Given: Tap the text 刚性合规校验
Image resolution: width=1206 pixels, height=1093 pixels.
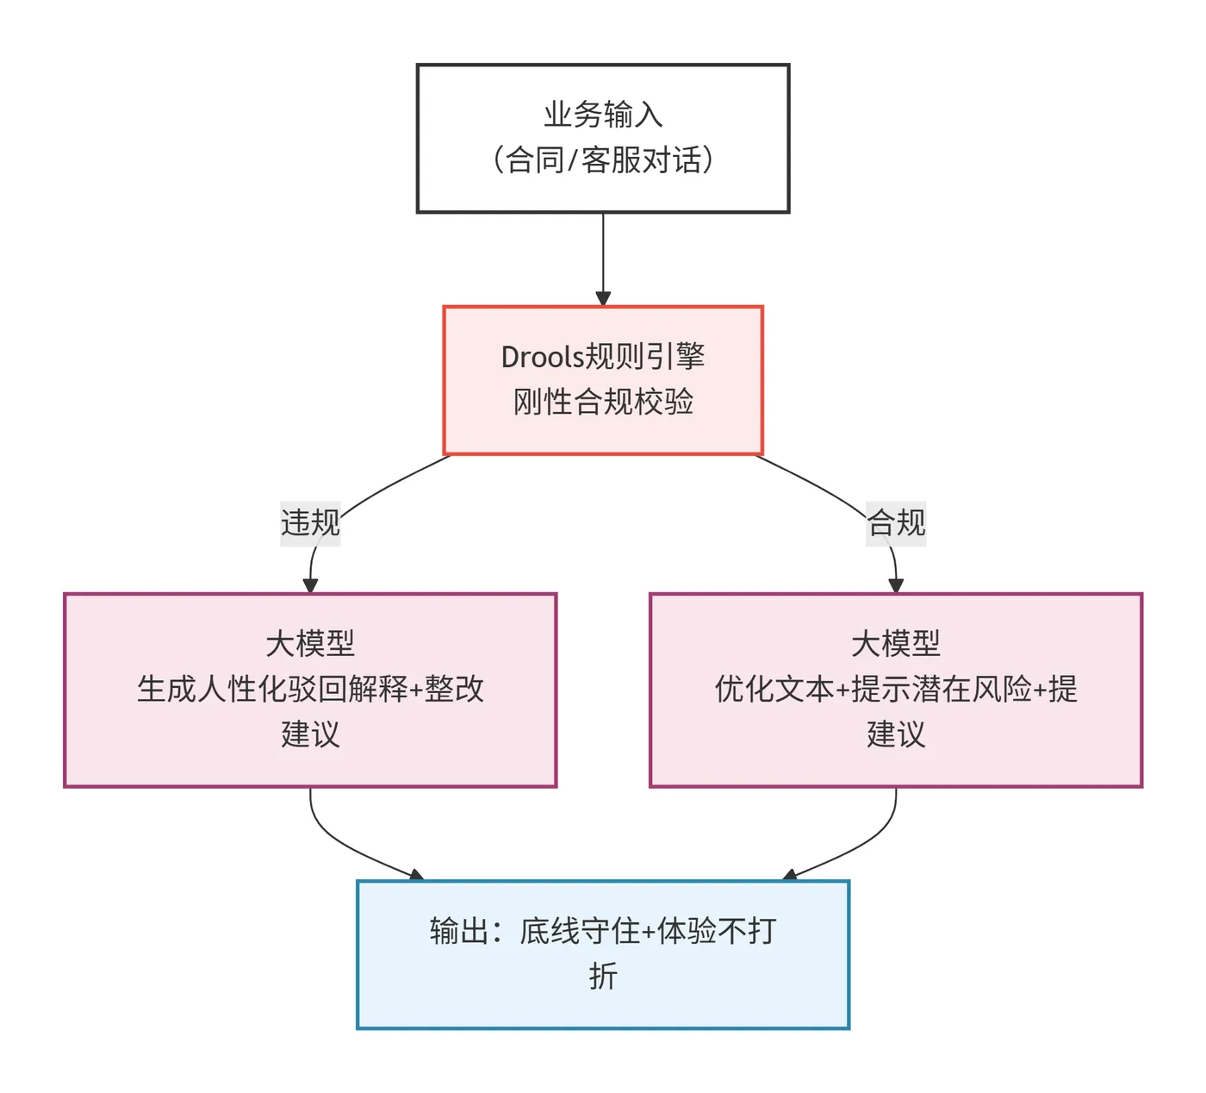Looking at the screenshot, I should pyautogui.click(x=603, y=402).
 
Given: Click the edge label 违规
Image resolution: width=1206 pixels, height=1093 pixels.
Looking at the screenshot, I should pyautogui.click(x=310, y=522).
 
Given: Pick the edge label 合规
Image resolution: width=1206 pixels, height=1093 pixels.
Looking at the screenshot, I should pyautogui.click(x=896, y=522).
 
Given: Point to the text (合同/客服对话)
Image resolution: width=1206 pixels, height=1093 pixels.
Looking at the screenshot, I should pyautogui.click(x=603, y=159).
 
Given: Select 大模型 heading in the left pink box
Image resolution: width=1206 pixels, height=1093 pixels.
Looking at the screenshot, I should pyautogui.click(x=310, y=643).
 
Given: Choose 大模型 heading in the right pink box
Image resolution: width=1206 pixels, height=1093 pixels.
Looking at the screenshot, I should pyautogui.click(x=896, y=643).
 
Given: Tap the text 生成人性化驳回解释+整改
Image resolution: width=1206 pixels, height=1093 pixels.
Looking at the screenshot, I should pyautogui.click(x=310, y=689).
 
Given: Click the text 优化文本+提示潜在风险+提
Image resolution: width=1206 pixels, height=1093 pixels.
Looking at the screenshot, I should pyautogui.click(x=896, y=689).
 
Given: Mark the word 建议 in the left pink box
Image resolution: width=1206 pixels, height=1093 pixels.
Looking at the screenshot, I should pyautogui.click(x=310, y=734).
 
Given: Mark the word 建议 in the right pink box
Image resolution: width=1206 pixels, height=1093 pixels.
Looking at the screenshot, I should pyautogui.click(x=896, y=734).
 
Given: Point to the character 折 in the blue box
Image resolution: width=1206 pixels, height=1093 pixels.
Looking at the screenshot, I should pyautogui.click(x=603, y=977).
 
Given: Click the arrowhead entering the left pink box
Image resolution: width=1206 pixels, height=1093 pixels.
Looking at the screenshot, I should pyautogui.click(x=310, y=586).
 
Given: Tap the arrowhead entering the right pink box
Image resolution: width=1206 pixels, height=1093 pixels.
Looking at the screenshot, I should pyautogui.click(x=896, y=586).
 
